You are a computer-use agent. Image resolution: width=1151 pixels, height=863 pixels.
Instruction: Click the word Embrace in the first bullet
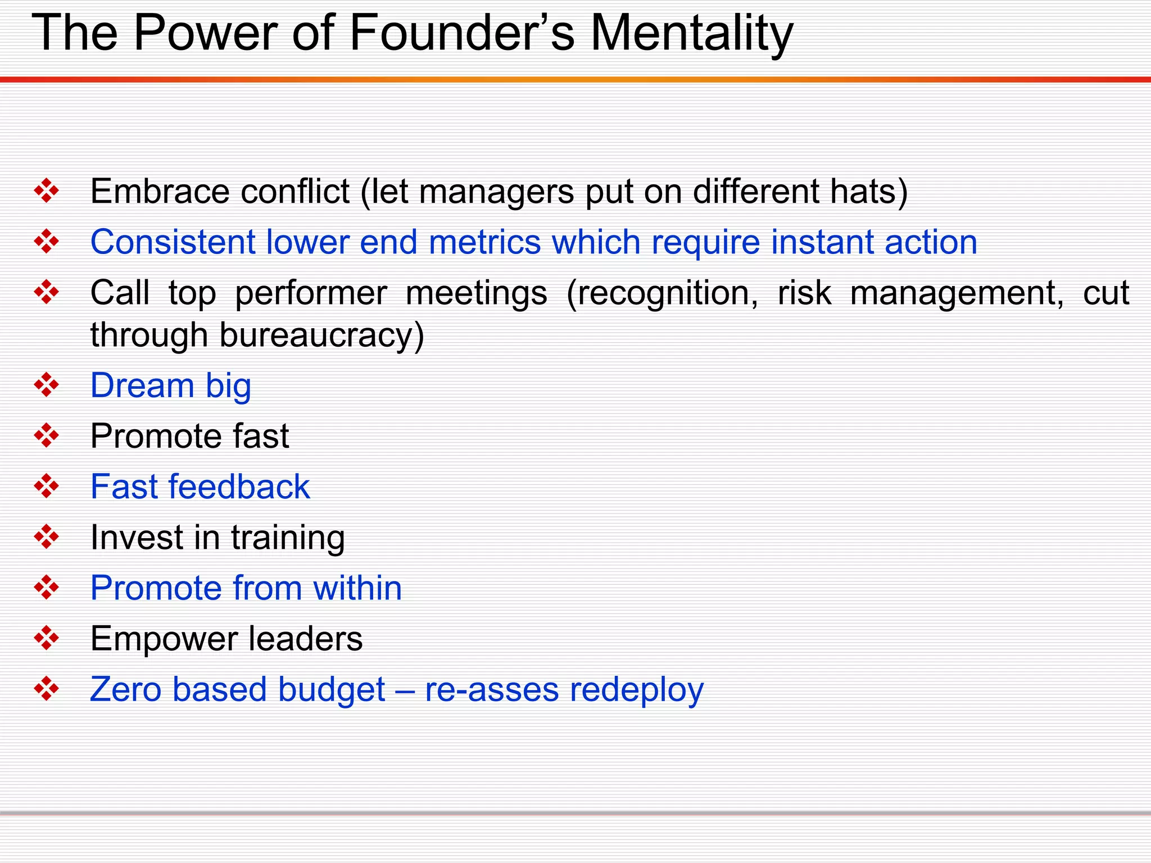[x=160, y=192]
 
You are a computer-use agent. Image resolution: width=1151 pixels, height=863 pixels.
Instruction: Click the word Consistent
[x=172, y=242]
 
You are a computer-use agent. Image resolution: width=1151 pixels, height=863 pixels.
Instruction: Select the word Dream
[x=142, y=386]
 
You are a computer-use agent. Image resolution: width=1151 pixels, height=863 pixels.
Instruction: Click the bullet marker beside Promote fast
[x=47, y=436]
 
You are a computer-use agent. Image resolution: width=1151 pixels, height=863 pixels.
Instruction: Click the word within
[x=357, y=588]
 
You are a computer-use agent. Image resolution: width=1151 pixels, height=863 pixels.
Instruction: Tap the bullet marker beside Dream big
[x=47, y=385]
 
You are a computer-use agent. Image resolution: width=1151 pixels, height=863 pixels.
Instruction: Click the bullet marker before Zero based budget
[x=47, y=689]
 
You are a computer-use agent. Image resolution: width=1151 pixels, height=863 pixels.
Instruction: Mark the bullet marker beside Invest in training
[x=47, y=537]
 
